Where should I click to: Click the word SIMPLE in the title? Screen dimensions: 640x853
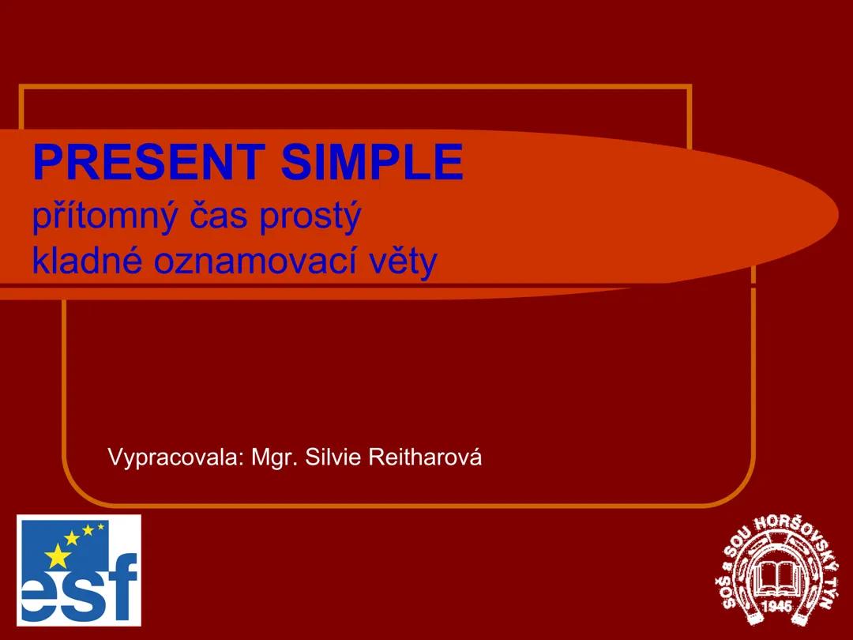[372, 162]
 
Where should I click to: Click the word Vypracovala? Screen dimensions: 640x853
[175, 457]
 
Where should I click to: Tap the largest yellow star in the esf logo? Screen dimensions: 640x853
[57, 557]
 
